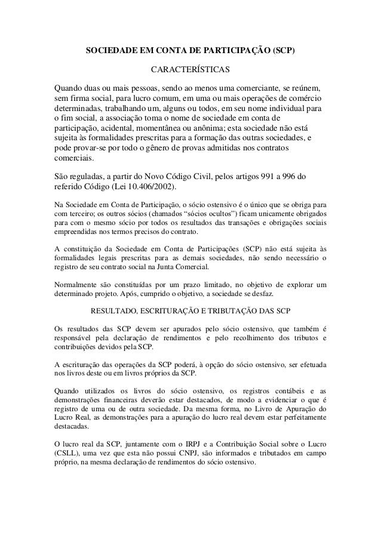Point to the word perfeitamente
(x=299, y=418)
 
